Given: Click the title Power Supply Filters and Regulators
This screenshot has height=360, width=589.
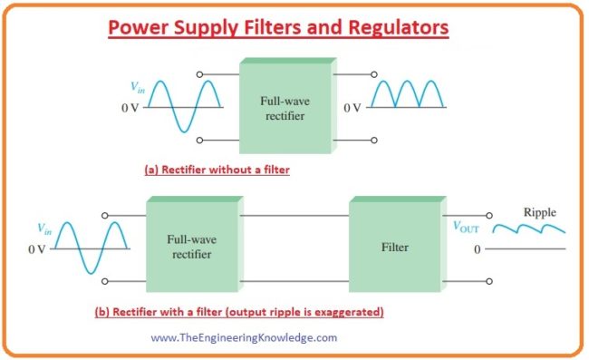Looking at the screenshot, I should pyautogui.click(x=278, y=29).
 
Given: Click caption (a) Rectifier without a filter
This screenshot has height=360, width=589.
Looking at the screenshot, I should pyautogui.click(x=217, y=169).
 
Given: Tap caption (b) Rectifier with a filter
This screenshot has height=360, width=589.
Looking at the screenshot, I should pyautogui.click(x=239, y=312).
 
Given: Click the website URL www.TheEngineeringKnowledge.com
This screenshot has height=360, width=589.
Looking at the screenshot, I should pyautogui.click(x=244, y=337).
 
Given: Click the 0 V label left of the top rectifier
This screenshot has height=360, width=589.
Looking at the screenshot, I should pyautogui.click(x=133, y=107).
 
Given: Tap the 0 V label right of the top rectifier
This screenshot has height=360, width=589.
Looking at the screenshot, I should pyautogui.click(x=353, y=107).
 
